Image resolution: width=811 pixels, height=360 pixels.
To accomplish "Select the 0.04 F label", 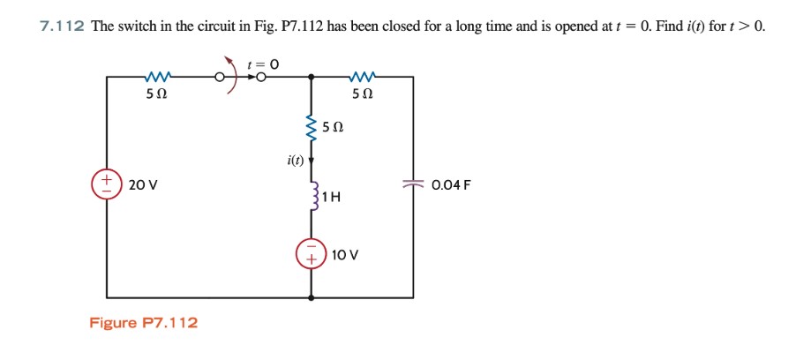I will [x=452, y=185].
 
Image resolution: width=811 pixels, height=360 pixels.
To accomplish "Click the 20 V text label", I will [x=141, y=185].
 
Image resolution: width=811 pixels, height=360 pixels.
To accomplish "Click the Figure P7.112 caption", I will [x=144, y=323].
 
